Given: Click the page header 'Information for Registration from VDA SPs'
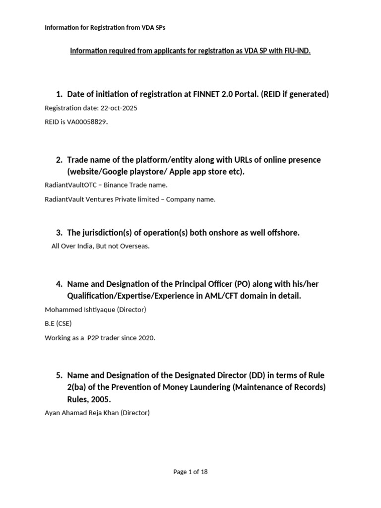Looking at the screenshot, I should tap(105, 28).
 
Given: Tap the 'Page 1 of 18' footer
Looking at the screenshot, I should tap(190, 472).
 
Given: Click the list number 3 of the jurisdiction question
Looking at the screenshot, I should tap(59, 232).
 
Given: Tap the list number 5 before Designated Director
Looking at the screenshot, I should tap(59, 375).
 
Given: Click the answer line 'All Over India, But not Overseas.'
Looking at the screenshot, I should tap(100, 247).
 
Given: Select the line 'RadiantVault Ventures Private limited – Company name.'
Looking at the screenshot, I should tap(130, 199).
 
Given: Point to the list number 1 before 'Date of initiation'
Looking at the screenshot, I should tap(59, 94).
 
